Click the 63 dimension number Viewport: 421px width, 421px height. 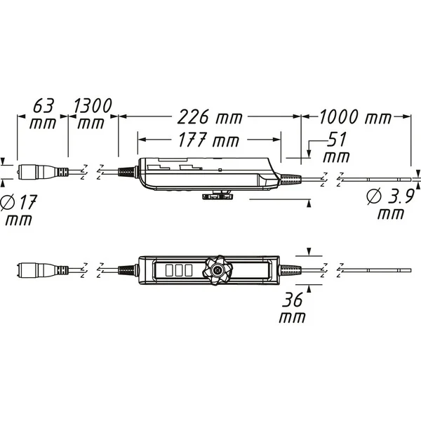coord(44,106)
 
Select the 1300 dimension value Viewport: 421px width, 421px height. coord(93,105)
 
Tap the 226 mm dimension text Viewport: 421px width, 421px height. coord(210,116)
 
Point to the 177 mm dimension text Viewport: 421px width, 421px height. coord(209,140)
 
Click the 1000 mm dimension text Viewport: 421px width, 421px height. coord(355,116)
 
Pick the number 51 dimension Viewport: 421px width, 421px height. coord(337,140)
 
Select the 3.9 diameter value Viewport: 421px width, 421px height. coord(401,196)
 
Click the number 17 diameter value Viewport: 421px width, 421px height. coord(27,202)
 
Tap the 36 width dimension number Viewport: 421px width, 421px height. coord(292,300)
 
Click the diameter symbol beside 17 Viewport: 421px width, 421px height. coord(7,202)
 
